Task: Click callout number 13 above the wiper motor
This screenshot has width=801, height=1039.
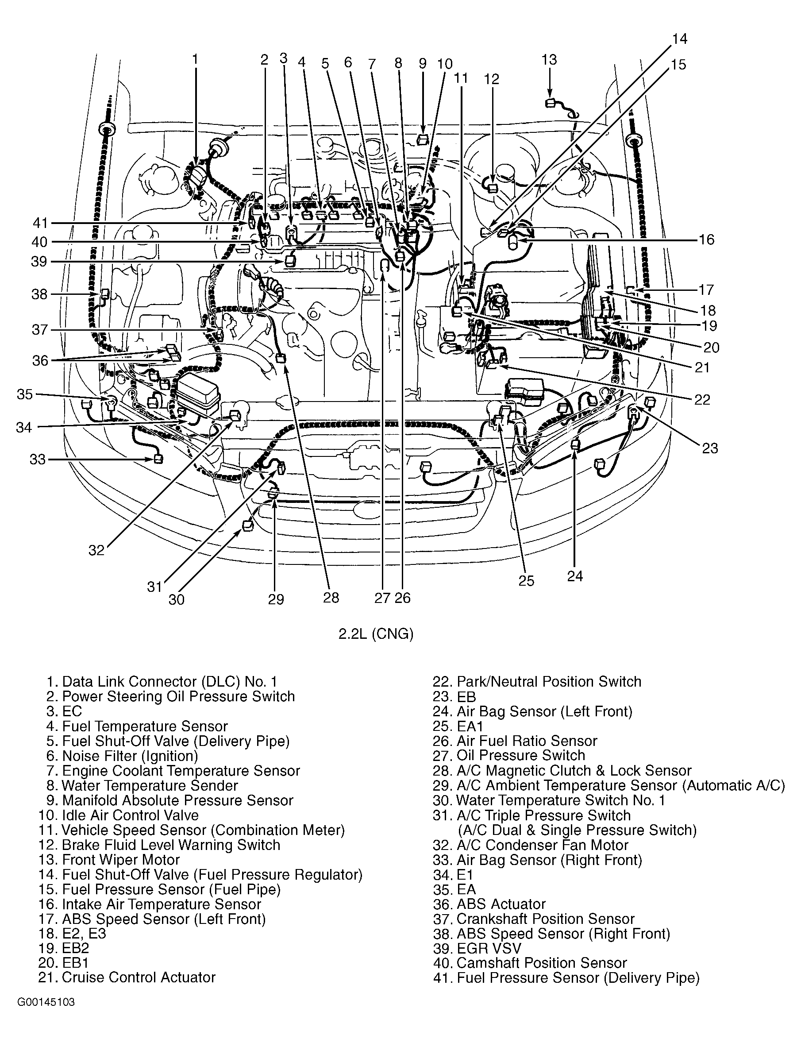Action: click(x=549, y=60)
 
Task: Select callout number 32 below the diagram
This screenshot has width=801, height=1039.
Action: click(x=96, y=550)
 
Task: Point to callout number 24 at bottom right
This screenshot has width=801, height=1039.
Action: click(x=574, y=576)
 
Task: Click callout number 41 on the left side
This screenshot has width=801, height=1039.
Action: click(x=40, y=223)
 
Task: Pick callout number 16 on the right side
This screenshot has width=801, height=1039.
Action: click(x=706, y=239)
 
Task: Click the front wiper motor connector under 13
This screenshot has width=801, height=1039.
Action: click(x=550, y=102)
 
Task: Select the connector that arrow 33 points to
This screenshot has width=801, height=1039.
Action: click(x=158, y=459)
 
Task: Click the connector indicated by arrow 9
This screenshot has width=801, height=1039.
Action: click(x=422, y=139)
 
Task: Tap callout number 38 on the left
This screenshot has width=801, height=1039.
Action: click(x=39, y=294)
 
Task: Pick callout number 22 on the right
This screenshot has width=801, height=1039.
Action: click(x=701, y=399)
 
